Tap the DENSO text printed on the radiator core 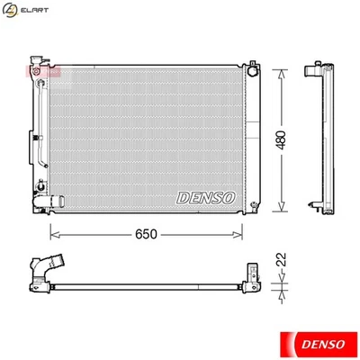(x=206, y=196)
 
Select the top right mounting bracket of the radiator (x=255, y=71)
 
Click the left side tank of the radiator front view (x=41, y=135)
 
